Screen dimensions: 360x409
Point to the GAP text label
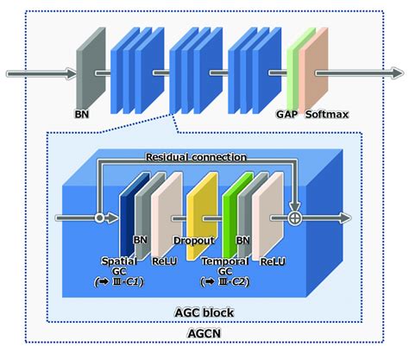pos(286,113)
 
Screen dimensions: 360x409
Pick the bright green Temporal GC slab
pos(230,216)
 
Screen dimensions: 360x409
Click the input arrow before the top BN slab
pos(39,74)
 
